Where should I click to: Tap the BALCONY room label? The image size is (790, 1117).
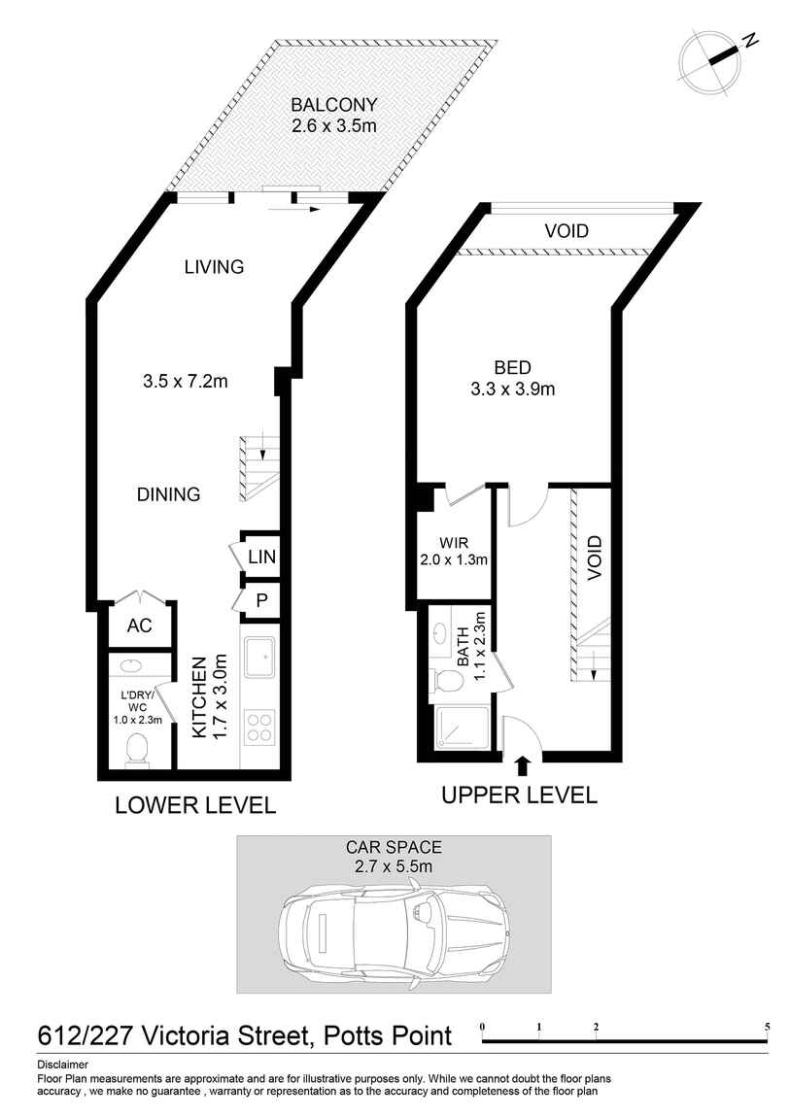[333, 106]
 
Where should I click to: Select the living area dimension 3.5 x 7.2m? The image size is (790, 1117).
[185, 381]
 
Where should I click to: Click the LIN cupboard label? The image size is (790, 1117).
[261, 558]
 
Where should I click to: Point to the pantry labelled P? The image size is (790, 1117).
[261, 601]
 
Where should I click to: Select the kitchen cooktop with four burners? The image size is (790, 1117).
[259, 727]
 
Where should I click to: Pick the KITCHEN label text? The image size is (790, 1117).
[200, 697]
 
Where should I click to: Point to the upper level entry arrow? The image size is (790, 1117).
[522, 765]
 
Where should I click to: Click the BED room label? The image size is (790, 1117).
[512, 368]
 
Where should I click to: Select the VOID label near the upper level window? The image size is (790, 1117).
[566, 231]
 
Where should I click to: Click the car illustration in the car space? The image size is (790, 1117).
[395, 930]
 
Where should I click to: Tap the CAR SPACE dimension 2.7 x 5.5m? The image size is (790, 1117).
[395, 866]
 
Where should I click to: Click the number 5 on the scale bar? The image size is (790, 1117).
[767, 1028]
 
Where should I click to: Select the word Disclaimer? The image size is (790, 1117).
[62, 1065]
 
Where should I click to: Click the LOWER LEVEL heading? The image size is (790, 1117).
[195, 805]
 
